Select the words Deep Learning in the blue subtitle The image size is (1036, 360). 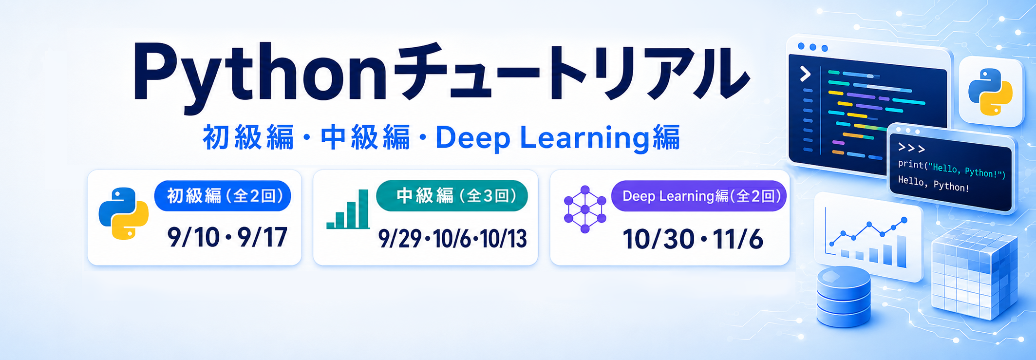point(542,138)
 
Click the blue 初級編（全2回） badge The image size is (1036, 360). point(223,196)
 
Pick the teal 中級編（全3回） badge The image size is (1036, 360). point(452,196)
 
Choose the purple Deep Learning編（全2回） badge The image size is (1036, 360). point(699,196)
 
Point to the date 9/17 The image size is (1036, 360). point(262,238)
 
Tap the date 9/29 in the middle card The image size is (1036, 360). point(399,239)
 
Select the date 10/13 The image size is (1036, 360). point(504,239)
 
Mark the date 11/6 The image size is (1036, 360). point(738,239)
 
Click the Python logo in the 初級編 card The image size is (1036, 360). point(124,213)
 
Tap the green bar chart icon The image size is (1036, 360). point(348,209)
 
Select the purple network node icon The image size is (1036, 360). point(585,209)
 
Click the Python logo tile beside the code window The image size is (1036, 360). point(991,92)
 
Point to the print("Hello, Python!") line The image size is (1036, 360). point(952,169)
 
